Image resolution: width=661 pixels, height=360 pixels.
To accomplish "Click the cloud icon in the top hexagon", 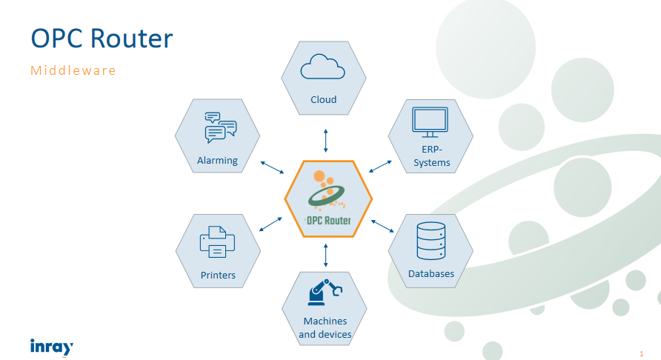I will click(323, 68).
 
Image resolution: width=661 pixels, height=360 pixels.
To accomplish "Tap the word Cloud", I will click(324, 99).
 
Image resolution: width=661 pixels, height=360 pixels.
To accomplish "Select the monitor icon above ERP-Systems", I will click(430, 123).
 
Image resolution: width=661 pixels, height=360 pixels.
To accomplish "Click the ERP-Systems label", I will click(431, 156).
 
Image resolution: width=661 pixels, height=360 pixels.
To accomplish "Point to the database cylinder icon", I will click(431, 241).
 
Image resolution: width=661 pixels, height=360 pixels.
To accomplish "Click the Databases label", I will click(431, 274).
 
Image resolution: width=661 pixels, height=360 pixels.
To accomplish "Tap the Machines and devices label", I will click(325, 327).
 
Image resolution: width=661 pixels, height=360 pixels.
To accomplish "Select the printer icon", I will click(217, 241).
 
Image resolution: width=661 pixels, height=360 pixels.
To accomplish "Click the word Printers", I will click(218, 276).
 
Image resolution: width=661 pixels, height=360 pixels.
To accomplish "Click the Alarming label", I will click(217, 160).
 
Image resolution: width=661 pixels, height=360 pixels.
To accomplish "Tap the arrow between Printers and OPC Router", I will click(271, 224).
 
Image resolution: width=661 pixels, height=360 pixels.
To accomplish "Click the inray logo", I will click(51, 346).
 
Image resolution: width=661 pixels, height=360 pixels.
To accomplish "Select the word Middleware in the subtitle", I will click(73, 71).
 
